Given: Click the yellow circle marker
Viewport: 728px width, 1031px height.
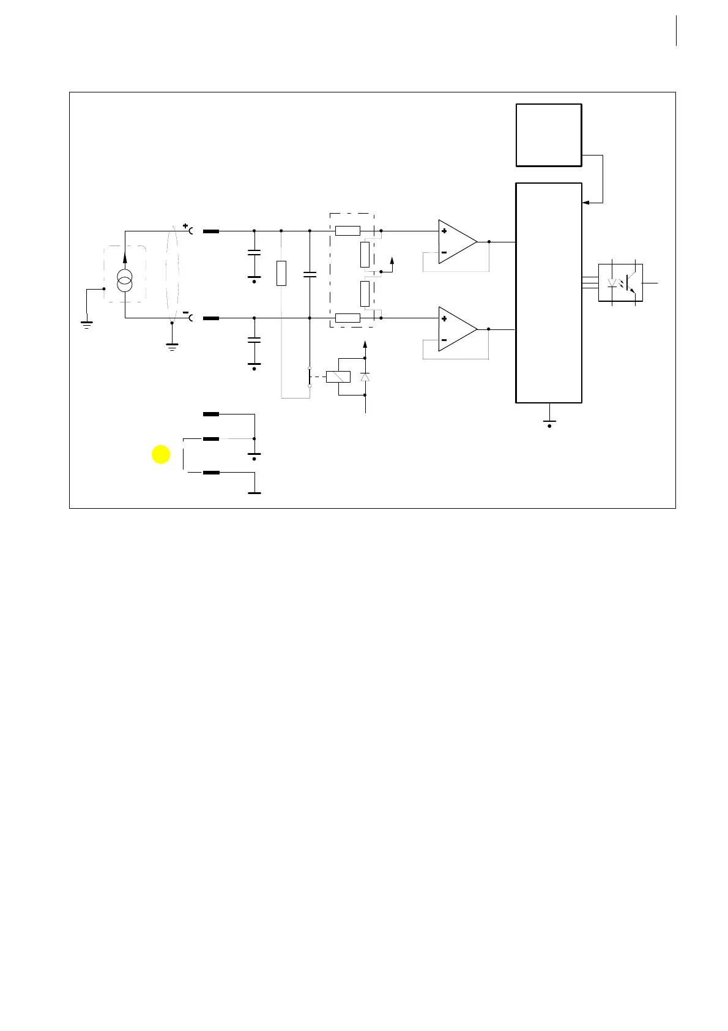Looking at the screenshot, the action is pos(161,454).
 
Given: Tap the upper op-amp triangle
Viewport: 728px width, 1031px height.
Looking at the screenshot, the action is pos(455,242).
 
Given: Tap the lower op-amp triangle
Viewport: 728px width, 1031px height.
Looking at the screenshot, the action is pos(455,329).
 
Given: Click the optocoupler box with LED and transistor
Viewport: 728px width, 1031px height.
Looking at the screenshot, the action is pos(620,282).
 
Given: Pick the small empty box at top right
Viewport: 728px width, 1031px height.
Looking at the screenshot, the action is pos(549,135).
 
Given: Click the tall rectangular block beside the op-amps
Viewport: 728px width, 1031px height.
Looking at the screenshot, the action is pos(549,293).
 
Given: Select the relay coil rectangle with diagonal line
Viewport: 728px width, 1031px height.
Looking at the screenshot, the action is pos(338,377).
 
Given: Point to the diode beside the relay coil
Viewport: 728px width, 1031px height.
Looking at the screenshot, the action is pos(365,377).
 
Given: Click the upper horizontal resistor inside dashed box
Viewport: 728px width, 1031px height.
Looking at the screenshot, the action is pos(347,231).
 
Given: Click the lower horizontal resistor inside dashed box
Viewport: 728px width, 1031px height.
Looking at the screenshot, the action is pos(347,318).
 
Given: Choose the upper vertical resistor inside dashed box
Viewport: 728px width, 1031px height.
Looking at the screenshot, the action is pos(365,255).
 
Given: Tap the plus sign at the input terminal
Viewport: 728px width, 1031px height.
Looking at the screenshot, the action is pos(185,225).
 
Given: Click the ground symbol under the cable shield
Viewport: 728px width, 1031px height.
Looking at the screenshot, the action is pos(172,346).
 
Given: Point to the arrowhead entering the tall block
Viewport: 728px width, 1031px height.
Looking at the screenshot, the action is pos(585,203).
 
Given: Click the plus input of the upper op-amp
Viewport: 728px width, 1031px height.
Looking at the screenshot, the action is pos(444,231).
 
